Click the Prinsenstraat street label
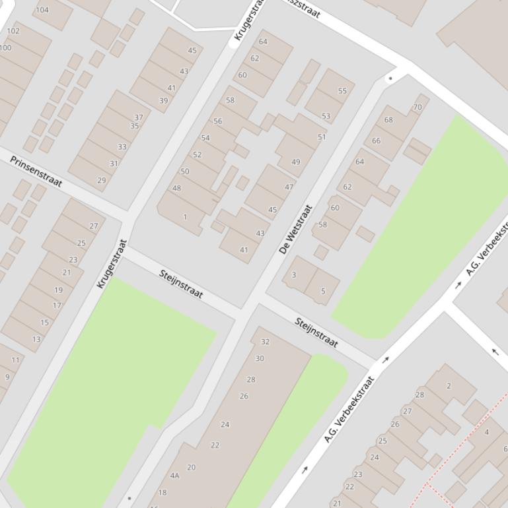[36, 171]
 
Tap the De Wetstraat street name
[295, 229]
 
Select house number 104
[42, 10]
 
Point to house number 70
[417, 107]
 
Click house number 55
[342, 91]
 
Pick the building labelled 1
[185, 217]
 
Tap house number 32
[266, 342]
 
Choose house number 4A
[174, 475]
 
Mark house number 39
[163, 101]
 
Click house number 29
[102, 180]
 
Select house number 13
[36, 339]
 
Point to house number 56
[218, 121]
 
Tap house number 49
[295, 162]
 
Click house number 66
[377, 141]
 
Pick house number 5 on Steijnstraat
[323, 291]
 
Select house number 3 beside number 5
[294, 274]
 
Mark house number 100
[6, 48]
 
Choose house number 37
[139, 117]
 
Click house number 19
[59, 290]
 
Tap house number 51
[322, 137]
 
